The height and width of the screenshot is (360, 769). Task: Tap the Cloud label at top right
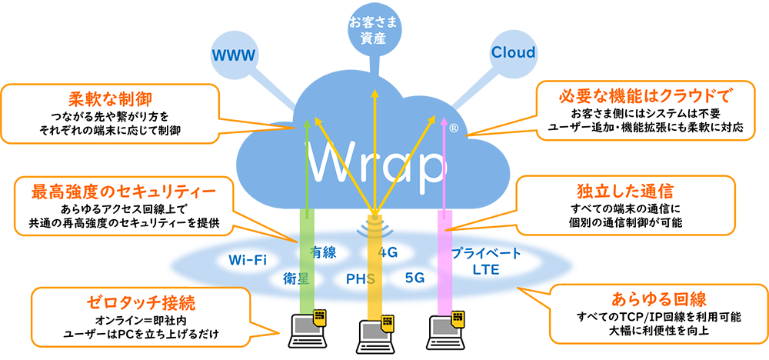coord(513,53)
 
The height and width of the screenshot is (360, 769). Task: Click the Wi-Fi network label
coord(248,258)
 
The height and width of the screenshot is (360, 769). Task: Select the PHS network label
coord(360,278)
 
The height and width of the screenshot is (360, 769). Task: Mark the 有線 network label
coord(323,252)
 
